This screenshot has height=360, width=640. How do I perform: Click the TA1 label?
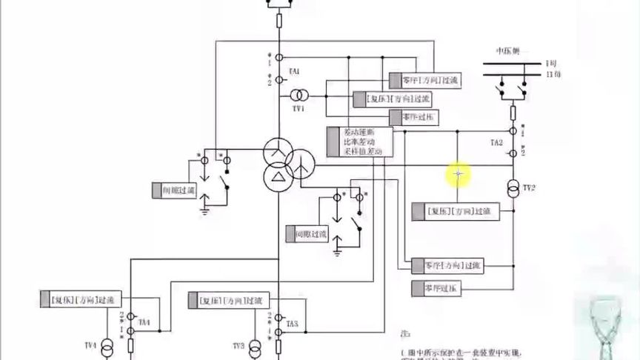[295, 71]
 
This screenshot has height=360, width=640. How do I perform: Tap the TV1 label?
[299, 108]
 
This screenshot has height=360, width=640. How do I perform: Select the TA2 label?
[496, 141]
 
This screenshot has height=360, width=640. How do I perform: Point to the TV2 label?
[528, 189]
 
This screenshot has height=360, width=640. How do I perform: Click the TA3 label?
[293, 324]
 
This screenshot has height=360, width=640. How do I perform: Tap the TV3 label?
[238, 346]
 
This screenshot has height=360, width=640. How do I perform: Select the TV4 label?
[90, 346]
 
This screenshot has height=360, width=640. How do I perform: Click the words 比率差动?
[354, 141]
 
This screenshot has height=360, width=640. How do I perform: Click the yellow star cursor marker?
[459, 174]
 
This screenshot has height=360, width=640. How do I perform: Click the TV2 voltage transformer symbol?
[511, 186]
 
